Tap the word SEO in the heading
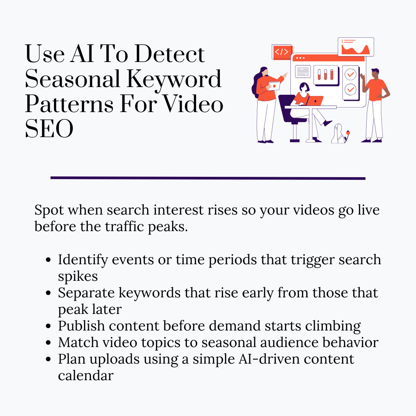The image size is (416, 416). coord(49,129)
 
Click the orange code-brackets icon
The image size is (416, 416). coord(282,52)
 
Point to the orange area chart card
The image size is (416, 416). coord(356,47)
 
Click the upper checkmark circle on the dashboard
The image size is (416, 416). coord(351,74)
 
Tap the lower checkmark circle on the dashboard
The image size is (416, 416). coord(351,89)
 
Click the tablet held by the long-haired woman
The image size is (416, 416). coord(274,86)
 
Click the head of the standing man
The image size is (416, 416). coord(374,73)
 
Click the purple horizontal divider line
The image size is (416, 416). coord(208,178)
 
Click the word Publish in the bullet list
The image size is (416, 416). coord(81,326)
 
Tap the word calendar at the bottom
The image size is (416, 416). coord(86,375)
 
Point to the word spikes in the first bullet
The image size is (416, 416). coord(78,276)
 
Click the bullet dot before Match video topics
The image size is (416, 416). coord(48,342)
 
